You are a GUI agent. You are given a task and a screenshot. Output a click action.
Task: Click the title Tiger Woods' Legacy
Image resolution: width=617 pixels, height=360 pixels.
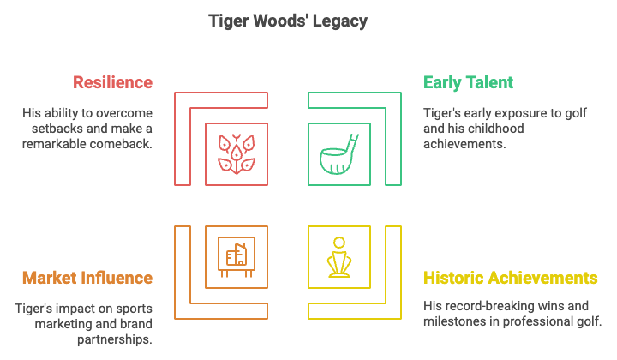tap(288, 21)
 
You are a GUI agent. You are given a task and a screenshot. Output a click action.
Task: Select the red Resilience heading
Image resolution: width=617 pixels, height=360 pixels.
tap(112, 82)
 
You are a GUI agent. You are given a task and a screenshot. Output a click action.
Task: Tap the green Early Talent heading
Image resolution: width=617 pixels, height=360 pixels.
tap(468, 82)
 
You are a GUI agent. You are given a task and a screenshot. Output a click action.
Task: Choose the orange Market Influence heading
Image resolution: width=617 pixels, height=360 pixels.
tap(87, 278)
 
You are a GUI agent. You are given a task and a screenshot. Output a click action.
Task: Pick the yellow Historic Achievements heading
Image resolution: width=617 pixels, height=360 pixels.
tap(511, 278)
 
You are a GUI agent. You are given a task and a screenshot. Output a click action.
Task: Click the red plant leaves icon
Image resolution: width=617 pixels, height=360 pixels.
tap(237, 153)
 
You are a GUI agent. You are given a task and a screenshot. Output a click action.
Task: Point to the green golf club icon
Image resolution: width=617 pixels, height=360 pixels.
tap(338, 153)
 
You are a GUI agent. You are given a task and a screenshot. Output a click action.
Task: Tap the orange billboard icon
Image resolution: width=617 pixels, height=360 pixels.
tap(237, 257)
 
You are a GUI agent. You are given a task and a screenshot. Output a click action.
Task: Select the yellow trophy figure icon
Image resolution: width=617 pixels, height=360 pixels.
tap(339, 257)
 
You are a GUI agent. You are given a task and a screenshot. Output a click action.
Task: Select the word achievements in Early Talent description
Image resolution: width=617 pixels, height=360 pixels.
tap(464, 144)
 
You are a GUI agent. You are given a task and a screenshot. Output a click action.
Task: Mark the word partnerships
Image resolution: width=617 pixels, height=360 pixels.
tap(115, 339)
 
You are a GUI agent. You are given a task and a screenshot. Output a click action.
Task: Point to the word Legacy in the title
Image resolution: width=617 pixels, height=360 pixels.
tap(340, 21)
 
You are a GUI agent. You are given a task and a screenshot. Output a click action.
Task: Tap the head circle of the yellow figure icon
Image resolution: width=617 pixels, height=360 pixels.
tap(339, 243)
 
